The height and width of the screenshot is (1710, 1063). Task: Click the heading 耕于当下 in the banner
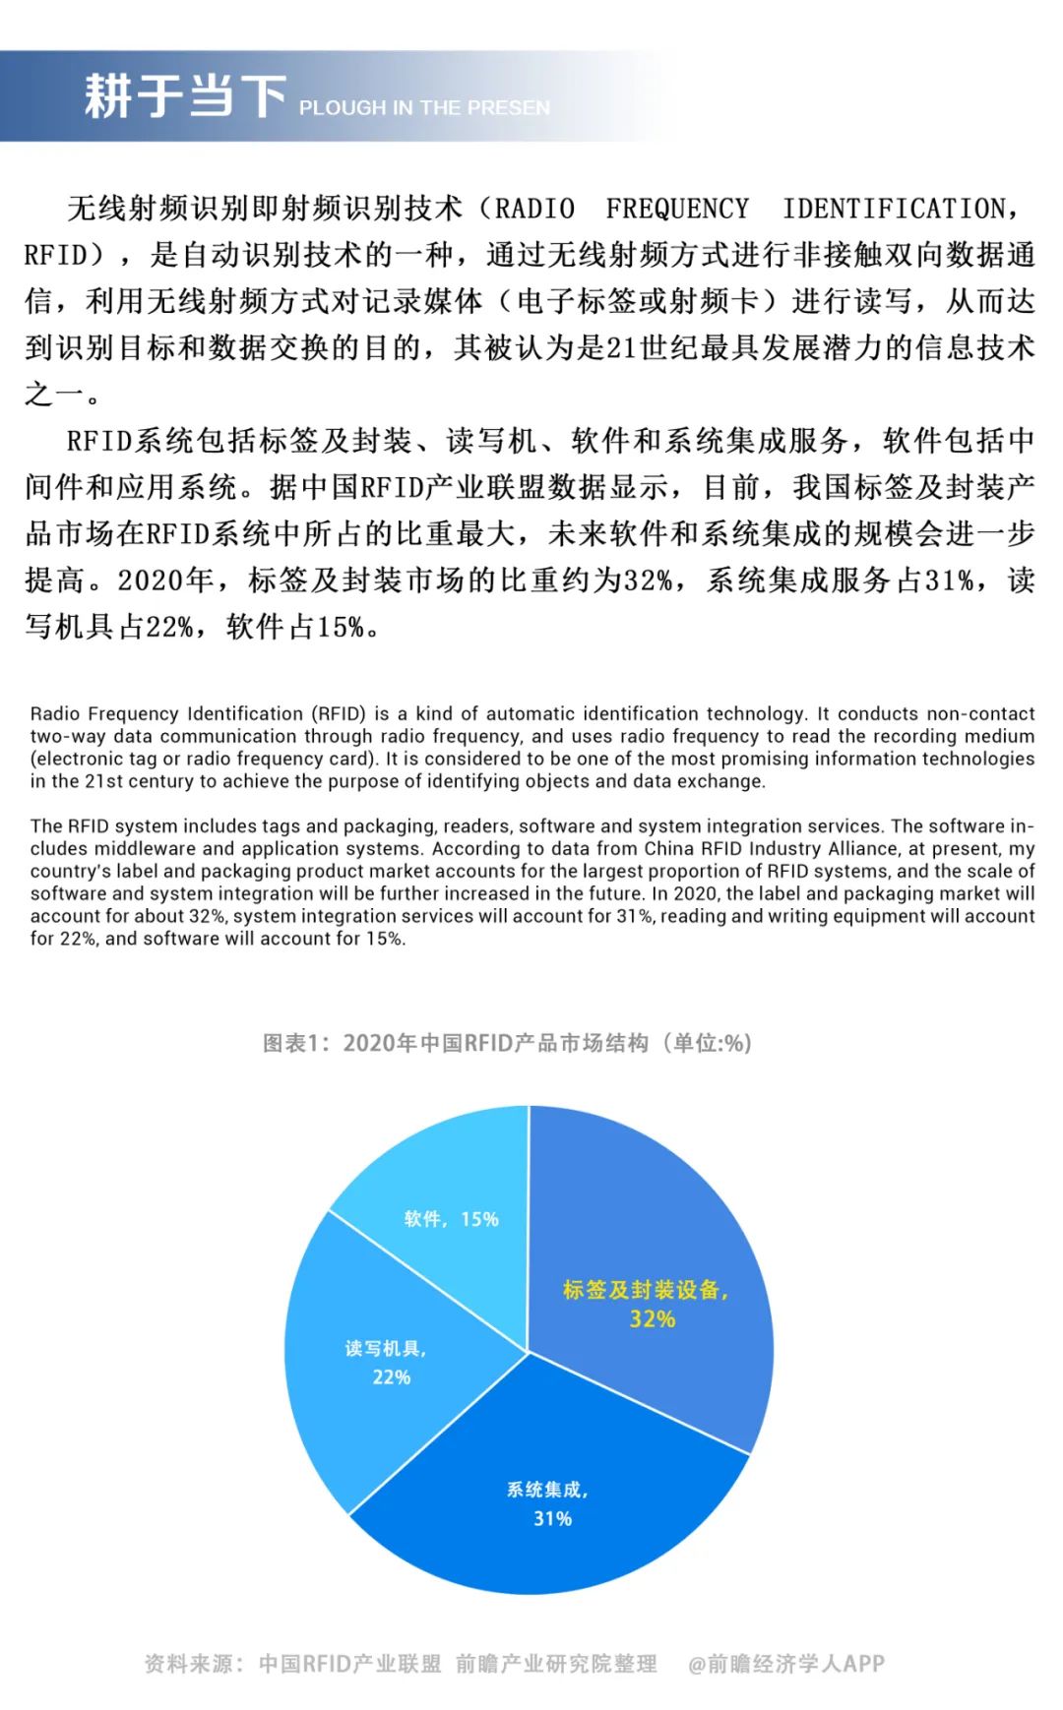[x=184, y=96]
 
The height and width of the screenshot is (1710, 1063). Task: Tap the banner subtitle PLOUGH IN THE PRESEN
[x=424, y=108]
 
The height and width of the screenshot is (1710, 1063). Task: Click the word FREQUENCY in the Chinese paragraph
[x=677, y=209]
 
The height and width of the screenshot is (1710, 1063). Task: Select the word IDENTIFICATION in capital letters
[x=895, y=209]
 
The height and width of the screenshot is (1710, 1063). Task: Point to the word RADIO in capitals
[x=534, y=209]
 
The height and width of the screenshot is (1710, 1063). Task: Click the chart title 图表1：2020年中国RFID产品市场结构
[x=506, y=1043]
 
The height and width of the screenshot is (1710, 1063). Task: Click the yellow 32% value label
[x=653, y=1319]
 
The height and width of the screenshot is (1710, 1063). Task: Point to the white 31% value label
[x=552, y=1519]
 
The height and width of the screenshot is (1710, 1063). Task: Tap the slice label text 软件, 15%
[x=451, y=1219]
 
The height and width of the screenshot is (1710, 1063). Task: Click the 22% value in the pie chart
[x=391, y=1377]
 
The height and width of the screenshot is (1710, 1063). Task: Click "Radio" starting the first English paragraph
[x=55, y=713]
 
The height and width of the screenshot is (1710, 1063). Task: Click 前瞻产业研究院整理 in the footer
[x=556, y=1664]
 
